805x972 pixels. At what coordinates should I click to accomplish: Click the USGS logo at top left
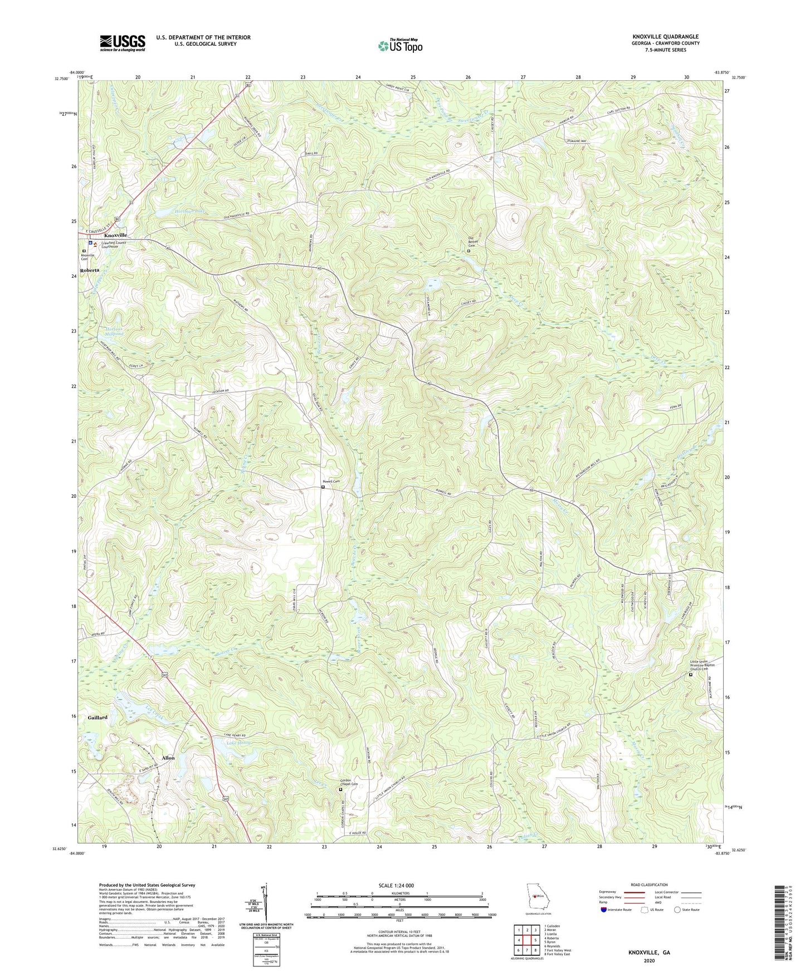click(122, 43)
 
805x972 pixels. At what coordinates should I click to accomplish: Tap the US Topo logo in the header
click(400, 46)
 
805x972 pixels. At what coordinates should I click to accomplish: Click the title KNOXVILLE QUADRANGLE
click(665, 37)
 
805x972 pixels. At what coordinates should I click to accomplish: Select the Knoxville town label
click(112, 235)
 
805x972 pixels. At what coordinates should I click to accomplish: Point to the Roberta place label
click(89, 270)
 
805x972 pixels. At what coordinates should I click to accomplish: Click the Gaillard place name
click(97, 718)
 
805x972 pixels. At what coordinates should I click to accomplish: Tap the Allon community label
click(168, 758)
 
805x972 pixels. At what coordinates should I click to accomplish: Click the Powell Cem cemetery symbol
click(323, 487)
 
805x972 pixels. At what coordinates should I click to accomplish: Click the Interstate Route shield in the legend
click(604, 910)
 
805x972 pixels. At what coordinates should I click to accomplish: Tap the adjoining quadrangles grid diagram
click(526, 940)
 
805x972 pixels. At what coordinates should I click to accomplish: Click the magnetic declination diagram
click(266, 902)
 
